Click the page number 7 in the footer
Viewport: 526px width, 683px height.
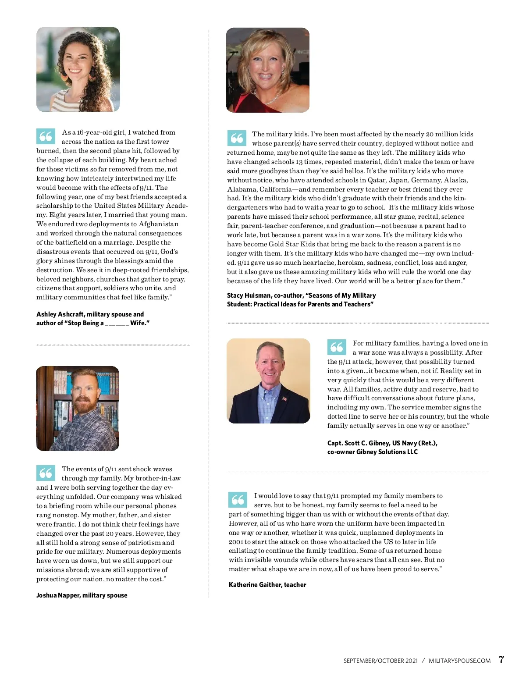(501, 660)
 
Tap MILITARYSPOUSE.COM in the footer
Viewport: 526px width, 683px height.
(459, 661)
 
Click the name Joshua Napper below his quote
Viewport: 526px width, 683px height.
(58, 595)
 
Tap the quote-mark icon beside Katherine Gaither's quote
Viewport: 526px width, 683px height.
(238, 500)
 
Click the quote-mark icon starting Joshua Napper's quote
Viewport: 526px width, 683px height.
(46, 473)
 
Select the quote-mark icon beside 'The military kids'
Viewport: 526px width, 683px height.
(237, 138)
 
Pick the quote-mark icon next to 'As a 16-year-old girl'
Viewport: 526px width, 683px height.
(46, 136)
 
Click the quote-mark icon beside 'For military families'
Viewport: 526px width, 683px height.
(337, 347)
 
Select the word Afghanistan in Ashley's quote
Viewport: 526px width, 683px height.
(159, 224)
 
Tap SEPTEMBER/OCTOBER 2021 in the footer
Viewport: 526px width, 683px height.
(380, 661)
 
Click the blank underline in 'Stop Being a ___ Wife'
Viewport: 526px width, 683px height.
(117, 324)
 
